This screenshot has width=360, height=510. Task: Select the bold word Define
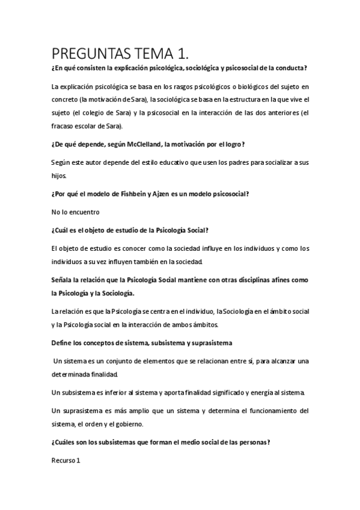63,343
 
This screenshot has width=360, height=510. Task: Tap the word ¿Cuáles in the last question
66,443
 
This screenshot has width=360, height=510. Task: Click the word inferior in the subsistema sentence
118,393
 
